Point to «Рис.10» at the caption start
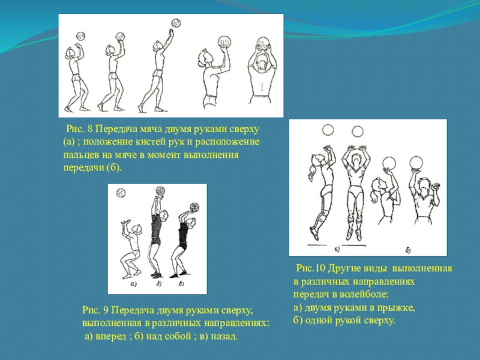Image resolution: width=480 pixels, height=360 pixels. click(x=310, y=268)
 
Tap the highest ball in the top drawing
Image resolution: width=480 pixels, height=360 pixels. click(x=176, y=23)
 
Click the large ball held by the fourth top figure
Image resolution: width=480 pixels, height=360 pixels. click(x=224, y=42)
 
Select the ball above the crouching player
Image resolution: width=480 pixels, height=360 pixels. click(x=121, y=193)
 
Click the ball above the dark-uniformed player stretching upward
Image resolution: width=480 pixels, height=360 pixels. click(x=160, y=191)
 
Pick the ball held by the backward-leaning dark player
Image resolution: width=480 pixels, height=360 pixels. click(x=194, y=207)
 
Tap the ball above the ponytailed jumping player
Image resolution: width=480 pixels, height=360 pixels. click(x=328, y=130)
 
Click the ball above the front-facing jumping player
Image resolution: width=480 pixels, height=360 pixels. click(x=357, y=131)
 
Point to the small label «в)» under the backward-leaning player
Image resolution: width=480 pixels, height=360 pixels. click(x=181, y=284)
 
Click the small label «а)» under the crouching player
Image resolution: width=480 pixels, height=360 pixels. click(x=133, y=284)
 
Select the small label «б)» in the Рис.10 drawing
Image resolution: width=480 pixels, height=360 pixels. click(x=408, y=250)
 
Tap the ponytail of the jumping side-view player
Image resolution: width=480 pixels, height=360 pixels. click(x=312, y=172)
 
